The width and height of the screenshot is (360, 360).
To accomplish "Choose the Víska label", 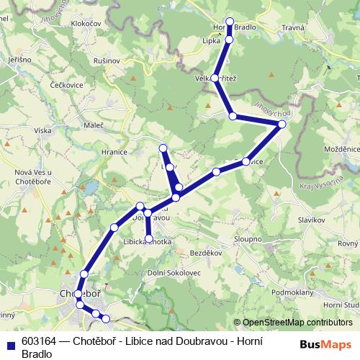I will click(x=43, y=131).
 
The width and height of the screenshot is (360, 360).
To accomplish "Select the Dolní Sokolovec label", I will click(x=171, y=274).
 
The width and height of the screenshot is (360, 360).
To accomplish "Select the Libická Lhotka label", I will click(x=148, y=242).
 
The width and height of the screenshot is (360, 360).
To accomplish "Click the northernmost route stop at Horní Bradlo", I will click(x=230, y=22).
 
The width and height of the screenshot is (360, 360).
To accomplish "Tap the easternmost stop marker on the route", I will click(x=282, y=125).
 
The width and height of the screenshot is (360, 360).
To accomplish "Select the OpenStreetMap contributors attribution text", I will click(x=297, y=323).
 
